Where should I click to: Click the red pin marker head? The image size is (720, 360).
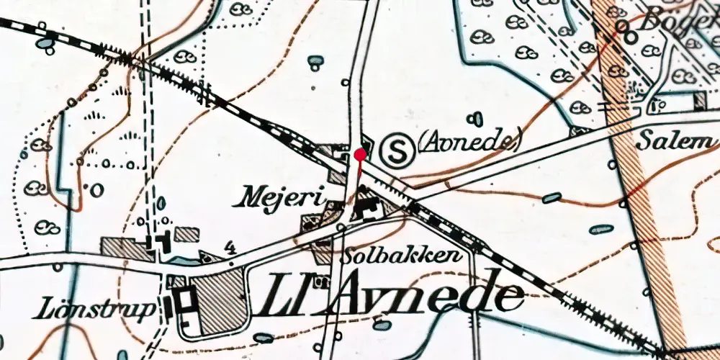360,153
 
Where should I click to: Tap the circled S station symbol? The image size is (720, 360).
394,150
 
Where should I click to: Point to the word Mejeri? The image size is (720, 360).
281,196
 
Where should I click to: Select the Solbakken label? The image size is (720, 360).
402,256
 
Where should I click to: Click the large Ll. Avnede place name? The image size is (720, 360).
394,295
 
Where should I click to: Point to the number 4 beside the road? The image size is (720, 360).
230,248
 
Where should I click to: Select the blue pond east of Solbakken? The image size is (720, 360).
552,197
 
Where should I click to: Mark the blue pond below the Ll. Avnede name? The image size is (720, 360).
383,325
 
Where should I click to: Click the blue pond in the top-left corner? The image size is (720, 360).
45,45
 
